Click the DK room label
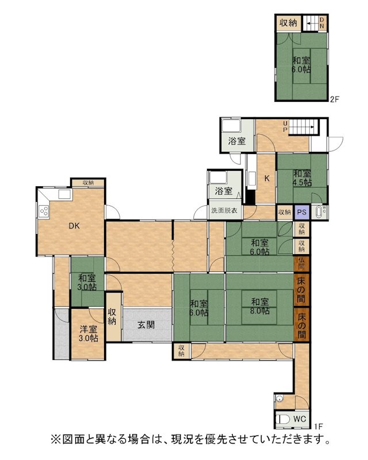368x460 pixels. coord(74,226)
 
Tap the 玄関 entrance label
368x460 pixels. coord(146,325)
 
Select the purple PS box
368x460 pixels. coord(301,212)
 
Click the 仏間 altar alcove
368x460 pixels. coord(301,263)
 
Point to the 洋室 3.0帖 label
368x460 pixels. coord(89,333)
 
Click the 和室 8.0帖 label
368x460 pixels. coord(260,306)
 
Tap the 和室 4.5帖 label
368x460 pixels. coord(302,178)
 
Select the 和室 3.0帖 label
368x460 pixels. coord(87,282)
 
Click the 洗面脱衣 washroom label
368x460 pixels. coord(224,210)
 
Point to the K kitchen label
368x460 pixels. coord(267,178)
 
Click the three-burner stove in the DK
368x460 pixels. coord(44,211)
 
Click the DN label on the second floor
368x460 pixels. coord(321,22)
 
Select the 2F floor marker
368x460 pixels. coord(335,99)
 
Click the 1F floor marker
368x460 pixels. coord(319,426)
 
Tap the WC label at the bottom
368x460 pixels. coord(300,419)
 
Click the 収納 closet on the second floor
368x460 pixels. coord(289,23)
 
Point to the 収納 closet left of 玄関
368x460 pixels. coord(113,317)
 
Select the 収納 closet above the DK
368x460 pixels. coord(88,182)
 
